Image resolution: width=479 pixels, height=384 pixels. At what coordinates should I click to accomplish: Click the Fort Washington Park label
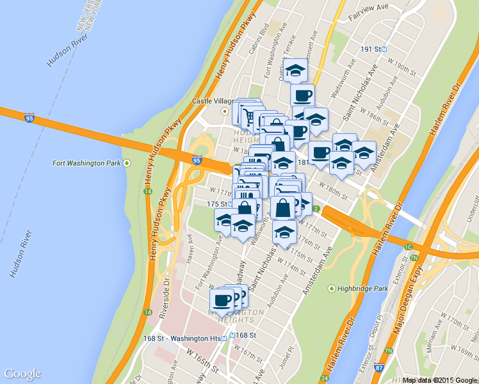pos(86,163)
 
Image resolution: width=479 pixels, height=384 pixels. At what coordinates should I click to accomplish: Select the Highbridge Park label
pos(363,289)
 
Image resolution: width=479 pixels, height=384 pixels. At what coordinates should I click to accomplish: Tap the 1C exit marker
pos(409,246)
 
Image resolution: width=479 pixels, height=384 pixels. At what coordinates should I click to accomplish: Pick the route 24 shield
pos(325,379)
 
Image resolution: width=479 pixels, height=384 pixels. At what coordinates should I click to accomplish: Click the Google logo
pos(22,374)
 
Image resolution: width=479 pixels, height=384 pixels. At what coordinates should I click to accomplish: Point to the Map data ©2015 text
pos(426,380)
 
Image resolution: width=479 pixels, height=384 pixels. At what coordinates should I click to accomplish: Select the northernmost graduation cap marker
pos(296,70)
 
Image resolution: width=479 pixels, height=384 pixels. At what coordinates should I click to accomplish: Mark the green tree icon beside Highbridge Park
pos(332,289)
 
